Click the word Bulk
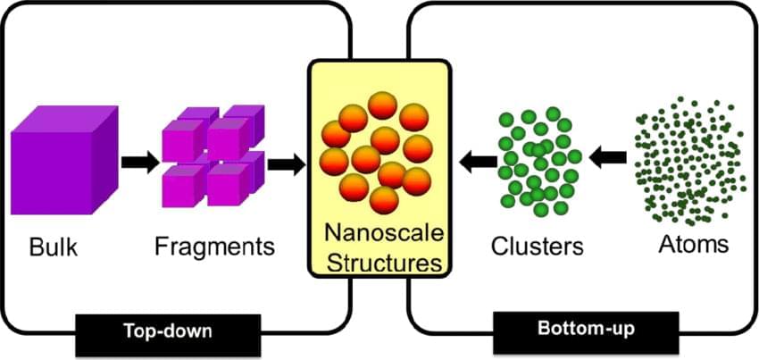[x=54, y=246]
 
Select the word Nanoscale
[x=378, y=233]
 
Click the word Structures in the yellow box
[x=378, y=262]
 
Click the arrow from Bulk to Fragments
[x=138, y=162]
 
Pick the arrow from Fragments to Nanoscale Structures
[x=285, y=163]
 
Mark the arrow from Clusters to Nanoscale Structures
[x=478, y=161]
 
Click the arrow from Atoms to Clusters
[x=609, y=158]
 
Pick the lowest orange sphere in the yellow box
[x=384, y=199]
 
